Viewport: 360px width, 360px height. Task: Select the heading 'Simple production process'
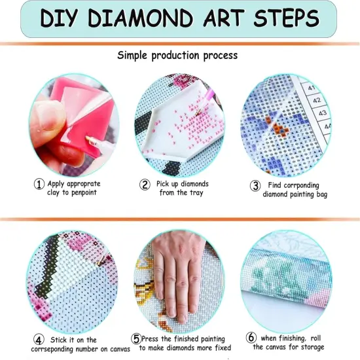click(x=177, y=55)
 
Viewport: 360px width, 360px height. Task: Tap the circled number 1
click(x=39, y=185)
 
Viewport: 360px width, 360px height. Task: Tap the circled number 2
click(x=145, y=185)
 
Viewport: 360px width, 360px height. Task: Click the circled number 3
click(x=255, y=185)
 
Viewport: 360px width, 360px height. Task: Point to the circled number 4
click(x=39, y=340)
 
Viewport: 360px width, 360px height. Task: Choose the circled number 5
click(x=136, y=339)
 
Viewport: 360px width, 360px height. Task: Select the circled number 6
click(x=251, y=338)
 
